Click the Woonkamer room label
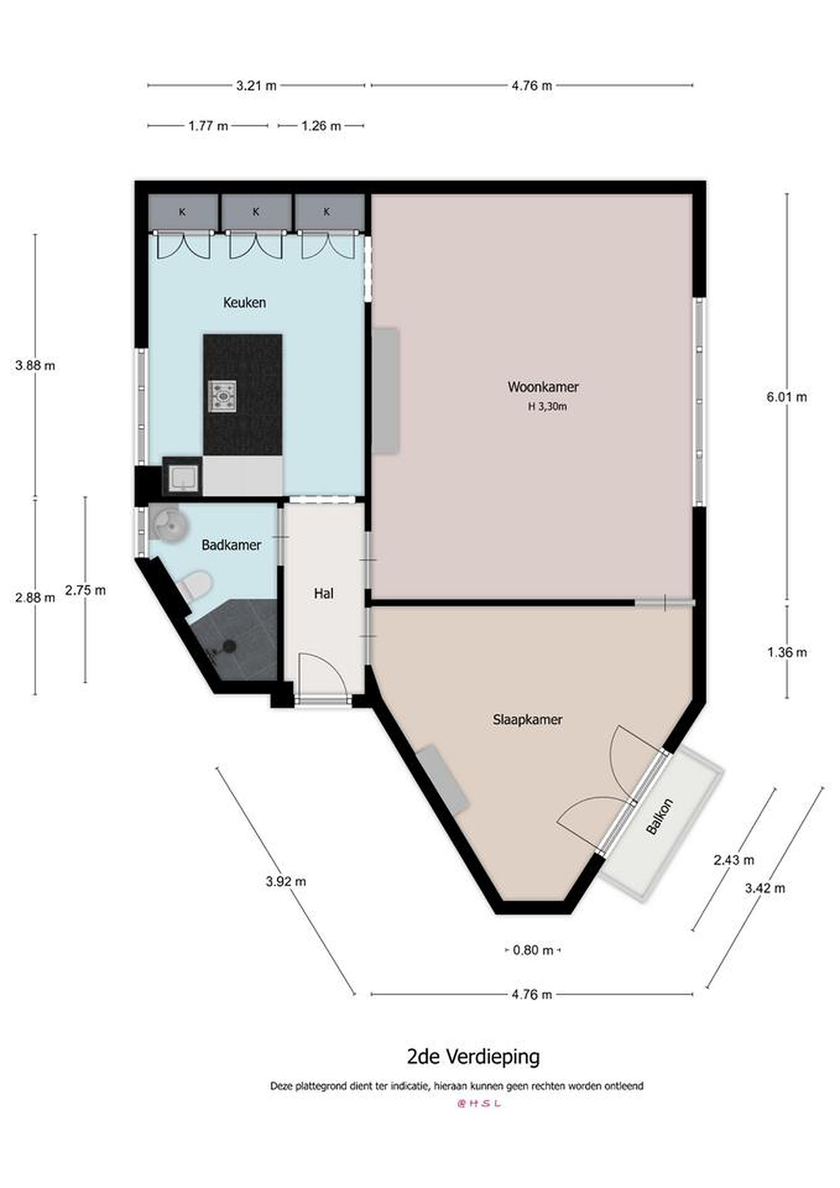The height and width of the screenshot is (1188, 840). click(543, 387)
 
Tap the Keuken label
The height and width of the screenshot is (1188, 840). click(245, 303)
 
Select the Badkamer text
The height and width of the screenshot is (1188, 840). click(231, 545)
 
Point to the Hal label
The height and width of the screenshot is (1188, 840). click(324, 594)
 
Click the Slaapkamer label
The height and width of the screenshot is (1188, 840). click(527, 719)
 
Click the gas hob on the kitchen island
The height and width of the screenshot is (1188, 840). click(222, 396)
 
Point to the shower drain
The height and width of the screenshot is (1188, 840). click(229, 646)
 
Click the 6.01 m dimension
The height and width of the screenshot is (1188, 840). click(787, 397)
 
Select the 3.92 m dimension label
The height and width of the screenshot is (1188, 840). click(286, 881)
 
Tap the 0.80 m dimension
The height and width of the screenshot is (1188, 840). click(533, 950)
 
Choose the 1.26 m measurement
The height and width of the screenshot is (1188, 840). click(321, 126)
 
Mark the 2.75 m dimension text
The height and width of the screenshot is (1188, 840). click(85, 590)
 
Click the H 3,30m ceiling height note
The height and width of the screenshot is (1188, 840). click(547, 407)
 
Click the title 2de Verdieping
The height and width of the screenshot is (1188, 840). click(473, 1056)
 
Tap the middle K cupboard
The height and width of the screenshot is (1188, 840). click(256, 212)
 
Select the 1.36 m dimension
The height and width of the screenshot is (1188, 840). click(787, 653)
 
